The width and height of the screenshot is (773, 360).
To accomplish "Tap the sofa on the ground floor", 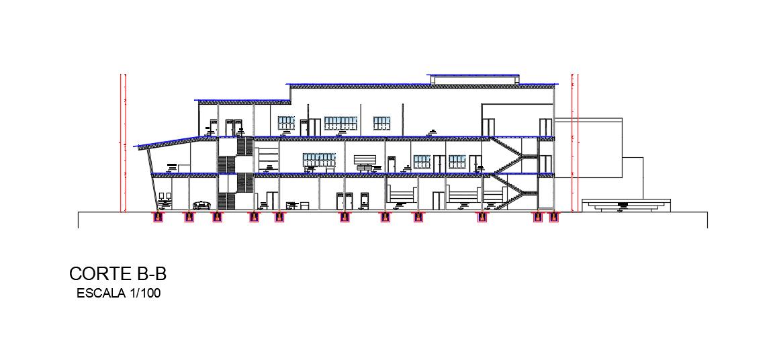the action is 201,204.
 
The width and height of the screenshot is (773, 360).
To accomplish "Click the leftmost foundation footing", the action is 158,217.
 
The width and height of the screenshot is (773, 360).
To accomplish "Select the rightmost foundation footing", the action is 553,217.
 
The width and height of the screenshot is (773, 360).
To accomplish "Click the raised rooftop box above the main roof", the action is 473,79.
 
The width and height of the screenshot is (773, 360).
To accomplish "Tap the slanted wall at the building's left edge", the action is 147,178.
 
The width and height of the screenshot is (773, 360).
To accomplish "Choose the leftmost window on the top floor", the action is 287,123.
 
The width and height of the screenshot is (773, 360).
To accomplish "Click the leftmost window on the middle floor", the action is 318,160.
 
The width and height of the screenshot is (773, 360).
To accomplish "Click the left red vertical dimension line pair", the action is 123,142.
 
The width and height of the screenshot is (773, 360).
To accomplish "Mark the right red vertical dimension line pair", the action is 574,142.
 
